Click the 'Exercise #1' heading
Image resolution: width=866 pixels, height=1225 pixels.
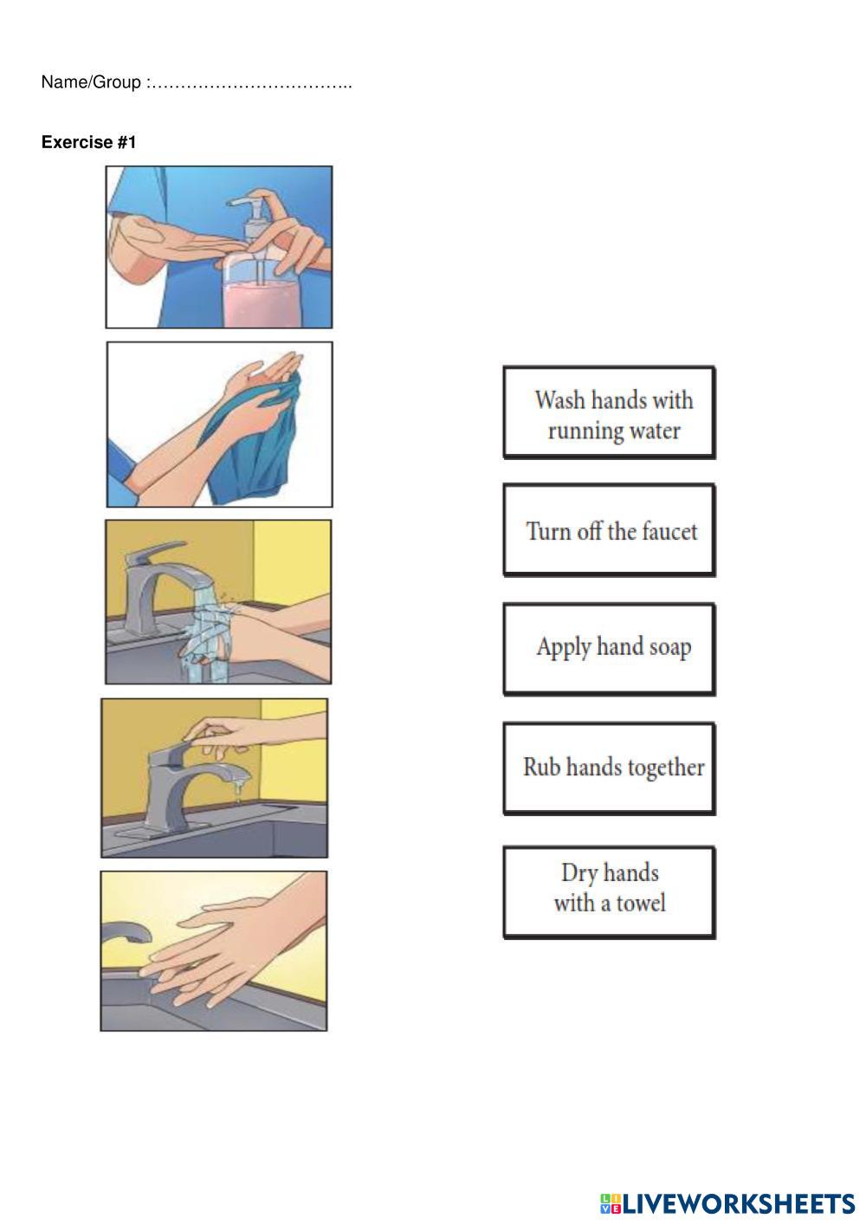tap(88, 142)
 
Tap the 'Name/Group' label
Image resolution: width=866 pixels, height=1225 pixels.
tap(91, 82)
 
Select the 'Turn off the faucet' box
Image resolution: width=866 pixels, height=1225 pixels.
tap(609, 530)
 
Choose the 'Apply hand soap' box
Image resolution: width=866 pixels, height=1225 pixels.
tap(609, 649)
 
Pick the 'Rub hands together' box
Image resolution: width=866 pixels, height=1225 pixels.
tap(609, 768)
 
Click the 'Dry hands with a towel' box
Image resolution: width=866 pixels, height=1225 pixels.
tap(609, 892)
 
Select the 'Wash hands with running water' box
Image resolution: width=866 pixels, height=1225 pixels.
tap(609, 412)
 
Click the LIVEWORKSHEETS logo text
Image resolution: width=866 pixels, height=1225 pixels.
tap(738, 1203)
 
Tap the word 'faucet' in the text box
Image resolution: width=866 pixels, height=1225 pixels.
tap(669, 531)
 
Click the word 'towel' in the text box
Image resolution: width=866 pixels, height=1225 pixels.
tap(642, 903)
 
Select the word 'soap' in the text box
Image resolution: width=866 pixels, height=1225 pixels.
tap(670, 648)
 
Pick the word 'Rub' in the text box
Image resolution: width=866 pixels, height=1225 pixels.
tap(542, 767)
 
